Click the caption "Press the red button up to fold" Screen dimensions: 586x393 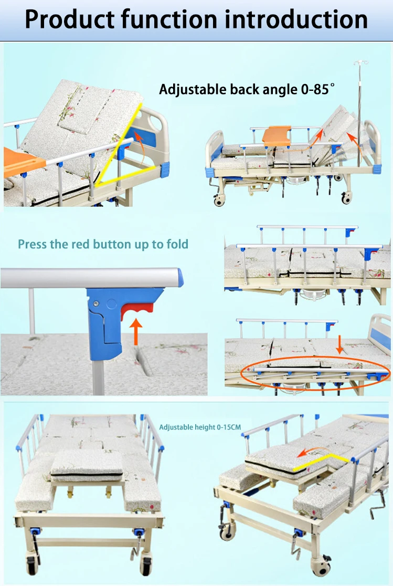tap(103, 244)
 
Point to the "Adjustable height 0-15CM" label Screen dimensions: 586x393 tap(200, 427)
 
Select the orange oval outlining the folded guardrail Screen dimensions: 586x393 tap(315, 372)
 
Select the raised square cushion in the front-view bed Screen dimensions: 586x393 tap(87, 465)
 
